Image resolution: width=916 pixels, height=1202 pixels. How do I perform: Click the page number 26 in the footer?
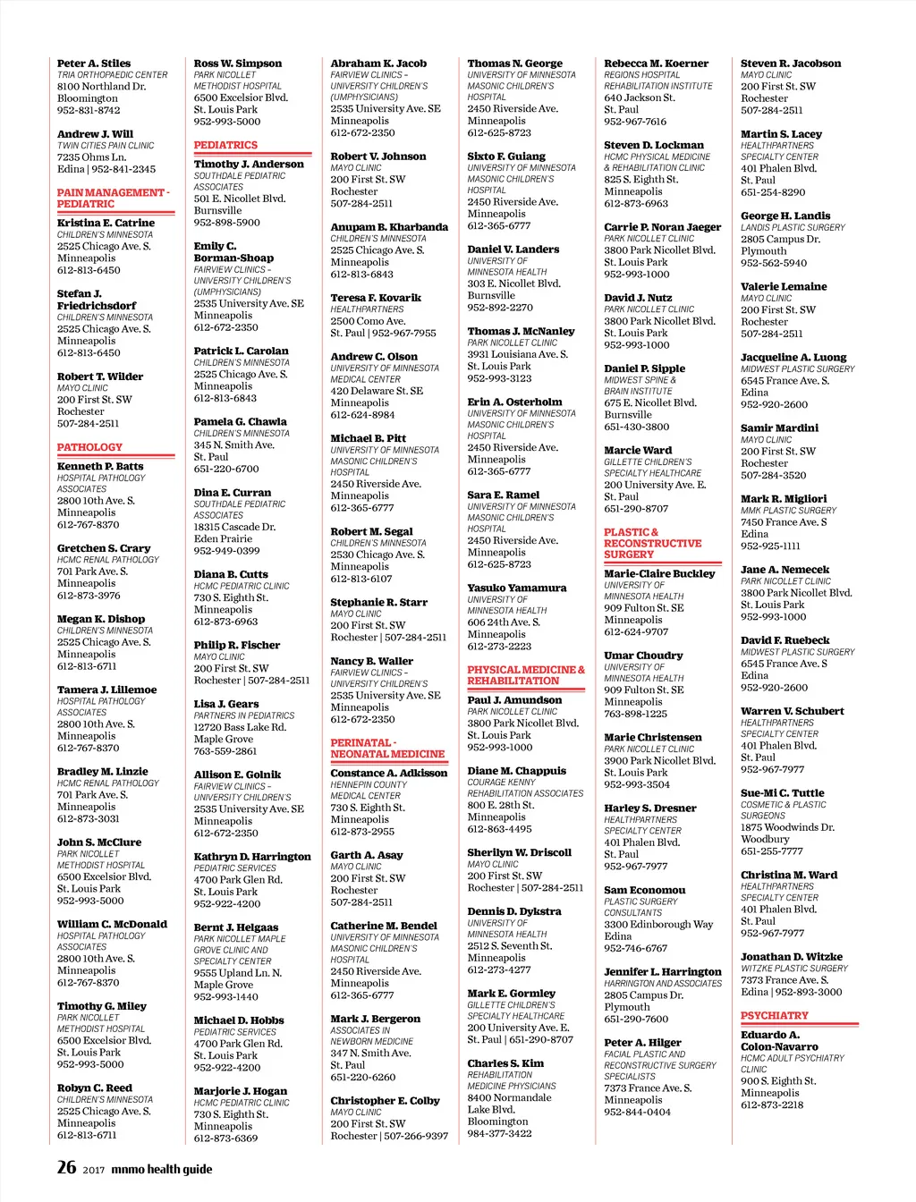67,1166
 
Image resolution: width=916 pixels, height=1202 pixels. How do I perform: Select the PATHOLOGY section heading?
89,447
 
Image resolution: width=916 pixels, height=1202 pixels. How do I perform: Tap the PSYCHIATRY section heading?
774,1016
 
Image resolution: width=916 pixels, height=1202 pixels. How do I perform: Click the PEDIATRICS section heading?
225,145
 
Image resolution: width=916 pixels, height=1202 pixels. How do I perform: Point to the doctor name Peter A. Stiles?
94,63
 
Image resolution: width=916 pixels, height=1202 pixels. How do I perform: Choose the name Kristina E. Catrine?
106,223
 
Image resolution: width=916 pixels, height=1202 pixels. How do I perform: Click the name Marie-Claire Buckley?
659,573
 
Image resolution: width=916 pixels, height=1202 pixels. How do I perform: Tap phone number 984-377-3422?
499,1133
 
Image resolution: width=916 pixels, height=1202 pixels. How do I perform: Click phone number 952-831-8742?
89,110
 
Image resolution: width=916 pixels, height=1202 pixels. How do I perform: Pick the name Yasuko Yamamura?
516,588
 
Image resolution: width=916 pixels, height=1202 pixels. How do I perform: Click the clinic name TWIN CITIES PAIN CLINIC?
106,145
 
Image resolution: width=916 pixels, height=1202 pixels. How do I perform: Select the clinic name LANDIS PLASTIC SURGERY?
793,227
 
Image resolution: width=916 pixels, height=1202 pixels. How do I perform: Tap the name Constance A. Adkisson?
388,773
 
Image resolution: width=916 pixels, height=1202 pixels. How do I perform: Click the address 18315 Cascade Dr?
234,527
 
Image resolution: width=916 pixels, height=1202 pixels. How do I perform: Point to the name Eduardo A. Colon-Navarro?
778,1040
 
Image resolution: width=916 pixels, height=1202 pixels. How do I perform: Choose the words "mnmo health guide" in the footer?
162,1169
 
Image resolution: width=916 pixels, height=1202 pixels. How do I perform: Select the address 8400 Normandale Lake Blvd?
509,1103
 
